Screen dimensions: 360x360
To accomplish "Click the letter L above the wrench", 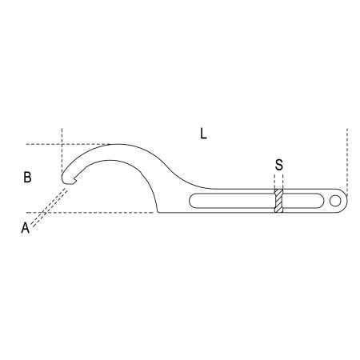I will tap(203, 134).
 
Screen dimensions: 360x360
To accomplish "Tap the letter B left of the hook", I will tap(27, 178).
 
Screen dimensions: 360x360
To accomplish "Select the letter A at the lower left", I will tap(25, 227).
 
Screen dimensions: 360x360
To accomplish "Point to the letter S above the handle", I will tap(278, 166).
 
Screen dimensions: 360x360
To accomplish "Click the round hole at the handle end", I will tap(333, 200).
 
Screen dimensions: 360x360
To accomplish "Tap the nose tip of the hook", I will tap(64, 179).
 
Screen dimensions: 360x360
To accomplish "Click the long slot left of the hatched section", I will tap(232, 200).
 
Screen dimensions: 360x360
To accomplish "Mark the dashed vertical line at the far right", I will tap(346, 156).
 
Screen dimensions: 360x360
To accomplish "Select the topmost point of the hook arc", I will tap(120, 145).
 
